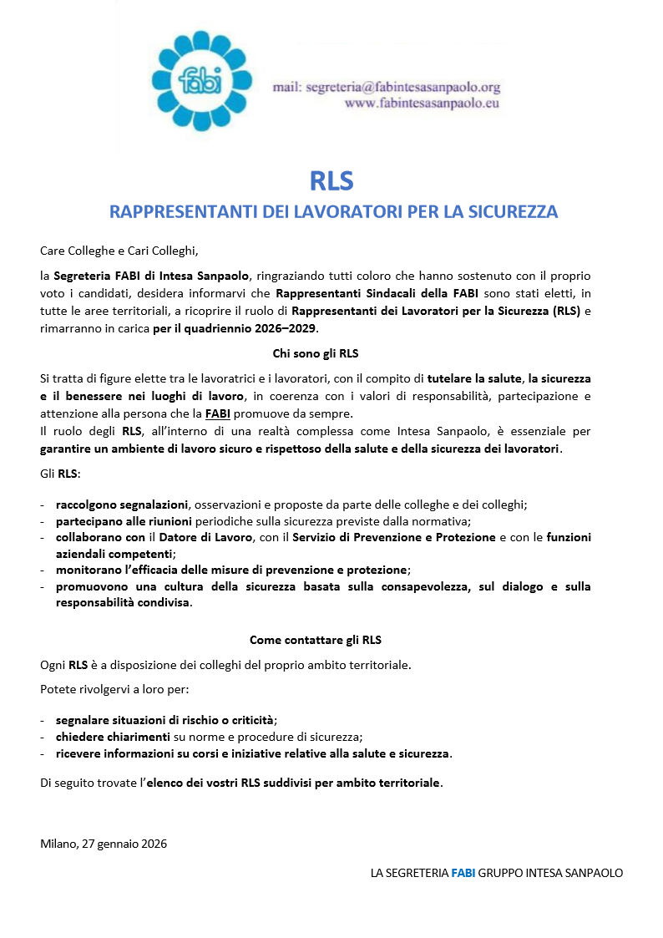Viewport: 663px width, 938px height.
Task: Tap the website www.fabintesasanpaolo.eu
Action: (422, 104)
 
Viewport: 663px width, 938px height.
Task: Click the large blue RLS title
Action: (331, 180)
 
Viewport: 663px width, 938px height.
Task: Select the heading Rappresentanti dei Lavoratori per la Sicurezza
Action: (333, 211)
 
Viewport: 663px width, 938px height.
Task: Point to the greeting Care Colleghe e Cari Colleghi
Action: (119, 249)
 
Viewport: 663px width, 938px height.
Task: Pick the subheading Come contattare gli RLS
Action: (315, 641)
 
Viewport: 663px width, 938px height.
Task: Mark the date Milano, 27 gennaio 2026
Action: (104, 843)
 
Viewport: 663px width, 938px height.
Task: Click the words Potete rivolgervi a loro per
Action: (114, 690)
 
